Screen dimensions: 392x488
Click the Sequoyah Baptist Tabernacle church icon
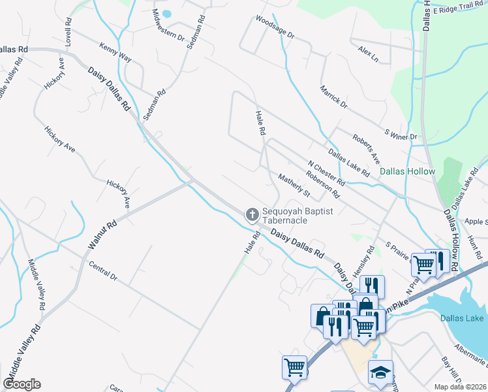point(252,214)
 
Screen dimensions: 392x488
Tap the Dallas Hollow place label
point(408,172)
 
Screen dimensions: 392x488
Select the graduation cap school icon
point(380,372)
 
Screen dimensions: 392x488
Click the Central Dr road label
point(103,272)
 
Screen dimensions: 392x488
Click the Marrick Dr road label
point(333,97)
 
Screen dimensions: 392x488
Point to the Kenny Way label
point(115,54)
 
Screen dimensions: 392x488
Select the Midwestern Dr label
point(168,25)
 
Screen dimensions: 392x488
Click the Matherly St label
point(294,185)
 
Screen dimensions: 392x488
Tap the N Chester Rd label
point(326,173)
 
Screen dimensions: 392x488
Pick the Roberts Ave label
point(366,149)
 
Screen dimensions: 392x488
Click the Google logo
point(22,384)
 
